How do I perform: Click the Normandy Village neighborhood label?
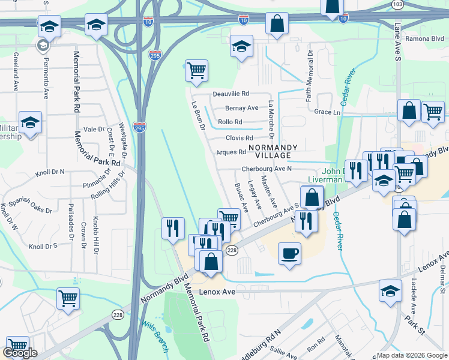pyautogui.click(x=270, y=151)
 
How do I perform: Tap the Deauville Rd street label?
pyautogui.click(x=231, y=94)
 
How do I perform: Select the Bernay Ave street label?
pyautogui.click(x=241, y=108)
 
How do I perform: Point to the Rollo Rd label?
pyautogui.click(x=230, y=122)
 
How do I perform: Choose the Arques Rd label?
pyautogui.click(x=231, y=152)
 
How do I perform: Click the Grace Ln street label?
pyautogui.click(x=327, y=112)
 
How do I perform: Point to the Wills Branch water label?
pyautogui.click(x=155, y=337)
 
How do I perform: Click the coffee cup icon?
pyautogui.click(x=290, y=253)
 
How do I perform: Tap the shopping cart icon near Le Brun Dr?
pyautogui.click(x=196, y=70)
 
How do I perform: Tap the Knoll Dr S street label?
pyautogui.click(x=43, y=246)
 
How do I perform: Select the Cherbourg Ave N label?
pyautogui.click(x=267, y=169)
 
